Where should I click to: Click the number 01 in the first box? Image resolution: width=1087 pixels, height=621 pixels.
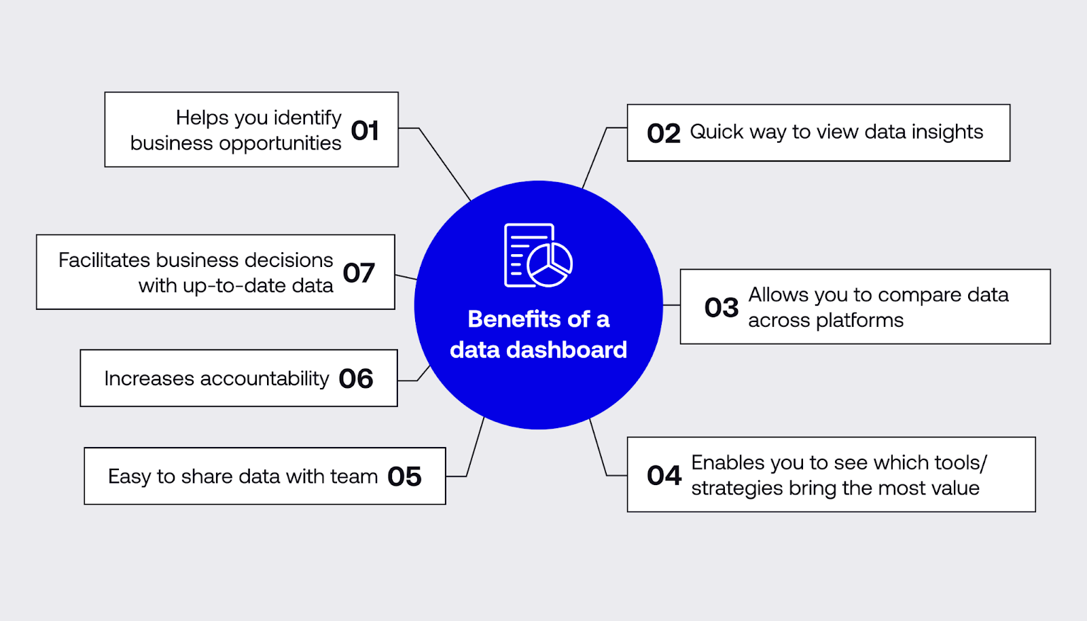365,130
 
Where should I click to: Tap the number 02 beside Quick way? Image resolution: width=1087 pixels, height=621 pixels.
664,133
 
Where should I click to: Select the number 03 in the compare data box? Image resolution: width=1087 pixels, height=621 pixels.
721,308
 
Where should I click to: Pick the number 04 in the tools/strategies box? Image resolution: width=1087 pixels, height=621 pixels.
664,476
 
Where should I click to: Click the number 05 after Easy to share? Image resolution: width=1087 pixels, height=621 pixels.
404,477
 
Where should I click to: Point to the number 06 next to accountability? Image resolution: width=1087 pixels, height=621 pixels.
356,379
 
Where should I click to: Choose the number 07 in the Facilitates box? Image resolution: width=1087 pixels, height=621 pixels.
359,273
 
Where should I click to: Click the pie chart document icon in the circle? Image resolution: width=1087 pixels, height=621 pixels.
537,255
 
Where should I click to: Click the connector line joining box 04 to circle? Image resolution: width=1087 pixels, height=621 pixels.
598,447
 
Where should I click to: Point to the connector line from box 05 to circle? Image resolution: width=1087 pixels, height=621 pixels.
476,446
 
